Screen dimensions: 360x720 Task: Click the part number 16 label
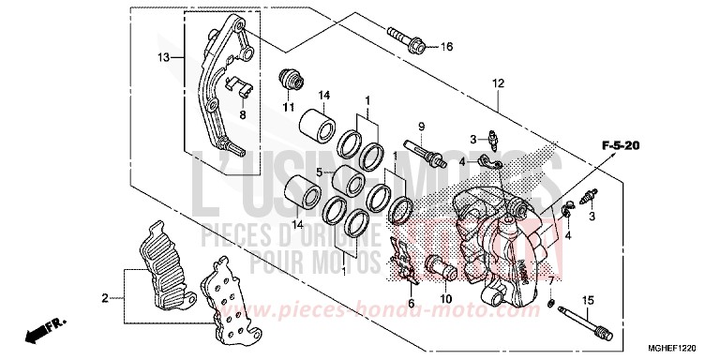[x=446, y=47]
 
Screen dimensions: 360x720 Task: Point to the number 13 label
[x=163, y=57]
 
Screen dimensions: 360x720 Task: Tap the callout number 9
[x=422, y=127]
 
